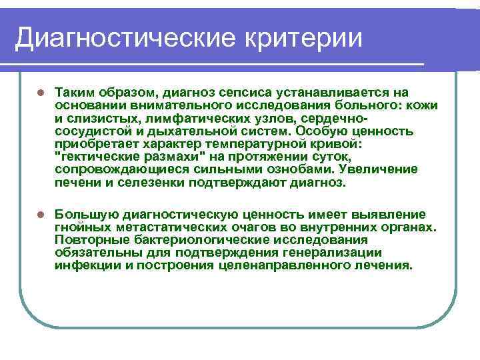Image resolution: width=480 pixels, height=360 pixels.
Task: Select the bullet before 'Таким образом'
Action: tap(40, 93)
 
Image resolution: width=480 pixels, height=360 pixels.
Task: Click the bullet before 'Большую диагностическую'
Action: tap(40, 215)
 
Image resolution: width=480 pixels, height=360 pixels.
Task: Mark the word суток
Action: tap(325, 157)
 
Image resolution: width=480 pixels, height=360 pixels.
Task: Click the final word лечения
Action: tap(386, 265)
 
